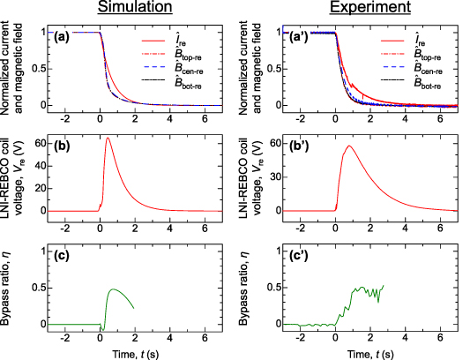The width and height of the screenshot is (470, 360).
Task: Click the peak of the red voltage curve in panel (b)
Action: click(108, 139)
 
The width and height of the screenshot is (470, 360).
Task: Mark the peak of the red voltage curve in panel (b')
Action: click(351, 146)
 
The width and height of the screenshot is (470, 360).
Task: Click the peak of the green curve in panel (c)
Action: click(113, 289)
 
